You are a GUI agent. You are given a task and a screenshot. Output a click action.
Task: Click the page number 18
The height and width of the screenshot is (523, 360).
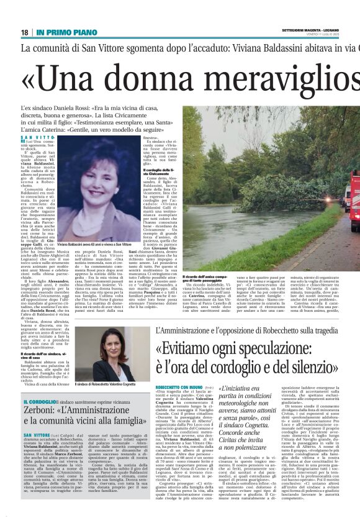(x=25, y=32)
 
